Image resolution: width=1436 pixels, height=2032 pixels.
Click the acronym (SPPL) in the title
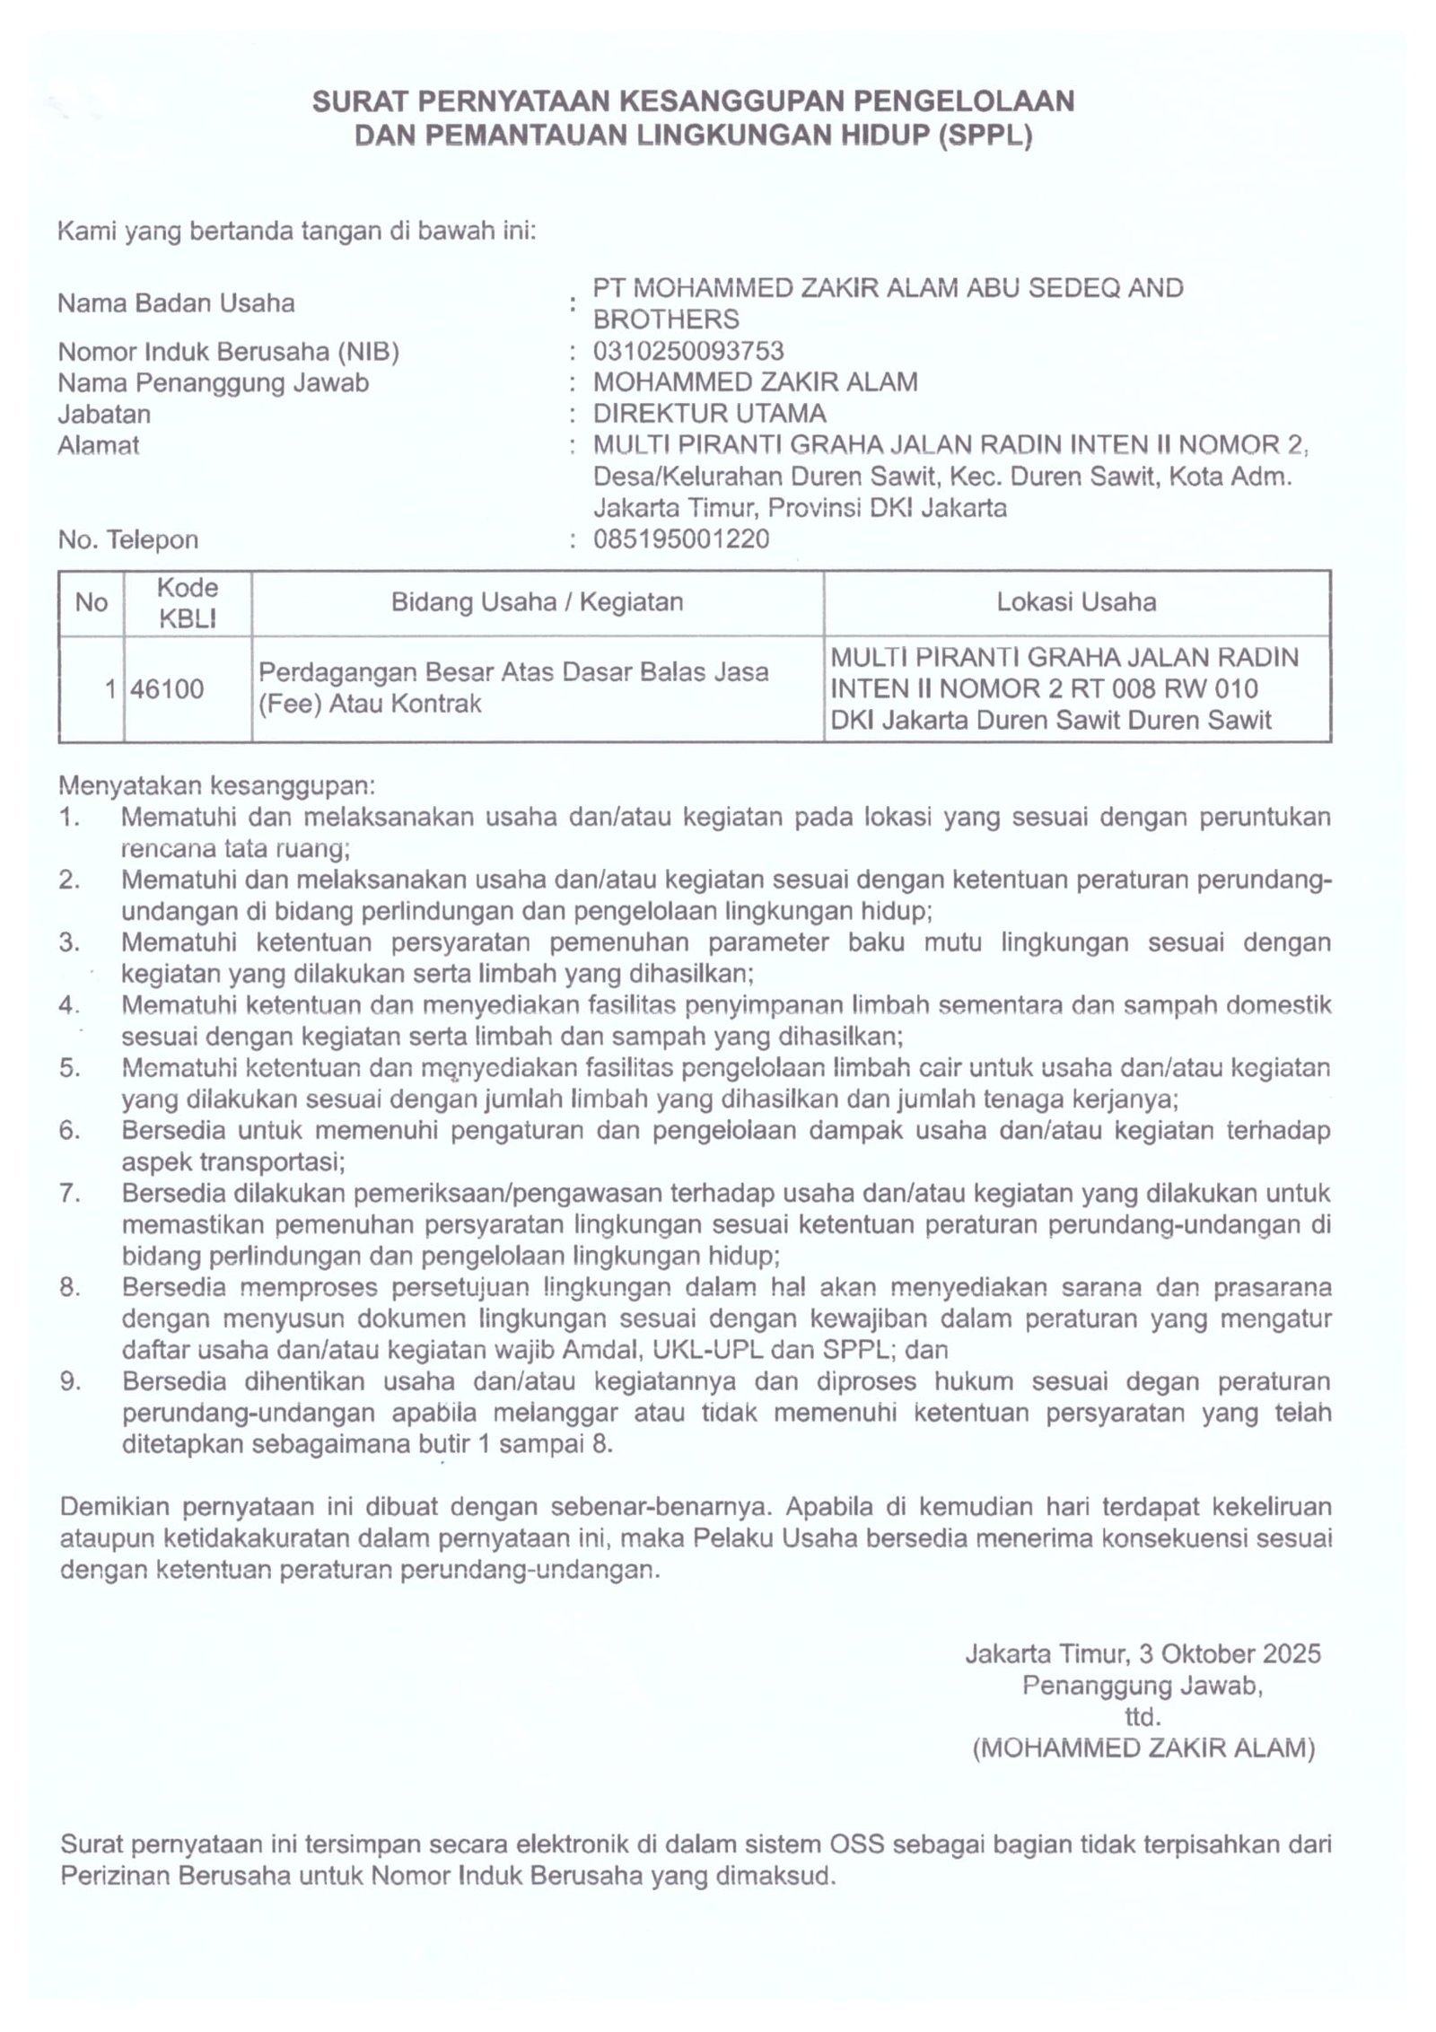pyautogui.click(x=985, y=136)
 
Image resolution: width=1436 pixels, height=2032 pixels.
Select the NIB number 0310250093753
pyautogui.click(x=688, y=350)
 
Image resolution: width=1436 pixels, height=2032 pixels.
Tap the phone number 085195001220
pyautogui.click(x=681, y=539)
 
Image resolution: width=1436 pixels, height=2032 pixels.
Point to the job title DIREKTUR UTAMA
pyautogui.click(x=709, y=414)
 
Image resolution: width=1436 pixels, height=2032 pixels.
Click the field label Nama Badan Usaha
pyautogui.click(x=176, y=303)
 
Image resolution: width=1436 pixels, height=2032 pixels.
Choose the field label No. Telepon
pyautogui.click(x=127, y=539)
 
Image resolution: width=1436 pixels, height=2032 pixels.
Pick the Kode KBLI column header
pyautogui.click(x=188, y=602)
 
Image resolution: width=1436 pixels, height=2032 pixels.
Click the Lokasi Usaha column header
pyautogui.click(x=1075, y=601)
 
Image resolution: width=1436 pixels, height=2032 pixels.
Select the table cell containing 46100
pyautogui.click(x=168, y=689)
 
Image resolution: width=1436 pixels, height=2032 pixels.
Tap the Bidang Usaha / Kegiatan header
pyautogui.click(x=537, y=601)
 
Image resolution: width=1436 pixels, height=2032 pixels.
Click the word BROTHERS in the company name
pyautogui.click(x=666, y=319)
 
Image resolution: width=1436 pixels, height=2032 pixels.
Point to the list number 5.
pyautogui.click(x=70, y=1069)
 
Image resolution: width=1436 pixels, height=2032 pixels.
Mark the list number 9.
pyautogui.click(x=70, y=1381)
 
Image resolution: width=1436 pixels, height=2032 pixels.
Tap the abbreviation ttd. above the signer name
pyautogui.click(x=1143, y=1718)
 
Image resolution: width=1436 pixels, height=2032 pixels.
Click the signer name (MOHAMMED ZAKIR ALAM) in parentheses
pyautogui.click(x=1143, y=1748)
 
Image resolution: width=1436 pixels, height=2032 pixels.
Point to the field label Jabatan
pyautogui.click(x=104, y=414)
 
